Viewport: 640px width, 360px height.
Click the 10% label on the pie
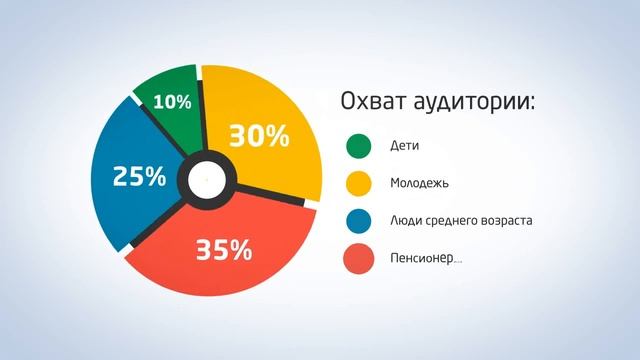(x=172, y=101)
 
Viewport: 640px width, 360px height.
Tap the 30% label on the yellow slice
(x=259, y=134)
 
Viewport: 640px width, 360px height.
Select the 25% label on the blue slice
(x=139, y=176)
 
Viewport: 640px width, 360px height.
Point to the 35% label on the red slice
(x=224, y=249)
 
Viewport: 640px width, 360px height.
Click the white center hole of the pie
(x=206, y=180)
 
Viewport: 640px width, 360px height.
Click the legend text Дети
(x=404, y=147)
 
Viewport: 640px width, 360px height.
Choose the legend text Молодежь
(x=419, y=184)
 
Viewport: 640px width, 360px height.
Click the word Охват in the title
(x=372, y=103)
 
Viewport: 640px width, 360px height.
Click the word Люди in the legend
(x=404, y=221)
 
